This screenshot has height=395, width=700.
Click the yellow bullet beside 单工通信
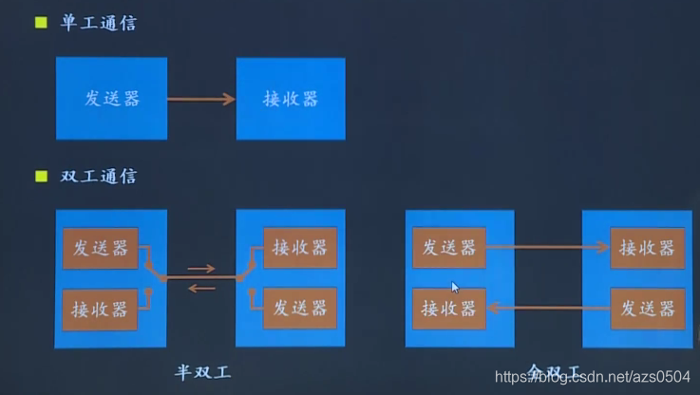click(x=41, y=22)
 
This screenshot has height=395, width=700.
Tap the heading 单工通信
click(x=99, y=23)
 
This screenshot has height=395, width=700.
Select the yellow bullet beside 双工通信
click(x=41, y=176)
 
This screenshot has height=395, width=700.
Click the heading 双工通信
click(x=99, y=177)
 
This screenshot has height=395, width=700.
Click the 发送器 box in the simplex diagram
click(x=111, y=99)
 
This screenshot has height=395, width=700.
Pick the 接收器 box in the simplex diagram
click(x=290, y=99)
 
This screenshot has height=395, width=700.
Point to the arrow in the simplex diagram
click(x=201, y=99)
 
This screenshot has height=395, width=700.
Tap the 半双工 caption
click(x=202, y=371)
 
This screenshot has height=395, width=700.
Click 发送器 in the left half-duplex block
click(x=100, y=248)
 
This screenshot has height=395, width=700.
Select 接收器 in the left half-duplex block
click(x=100, y=310)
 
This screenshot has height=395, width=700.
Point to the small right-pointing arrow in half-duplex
click(x=201, y=269)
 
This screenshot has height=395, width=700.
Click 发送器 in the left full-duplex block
click(x=448, y=248)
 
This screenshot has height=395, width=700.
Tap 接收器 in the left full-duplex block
click(x=448, y=309)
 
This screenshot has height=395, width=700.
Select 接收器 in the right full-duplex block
click(x=647, y=248)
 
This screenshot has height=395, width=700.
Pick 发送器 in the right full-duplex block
click(x=647, y=309)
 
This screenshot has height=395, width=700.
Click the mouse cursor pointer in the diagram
click(x=455, y=287)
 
